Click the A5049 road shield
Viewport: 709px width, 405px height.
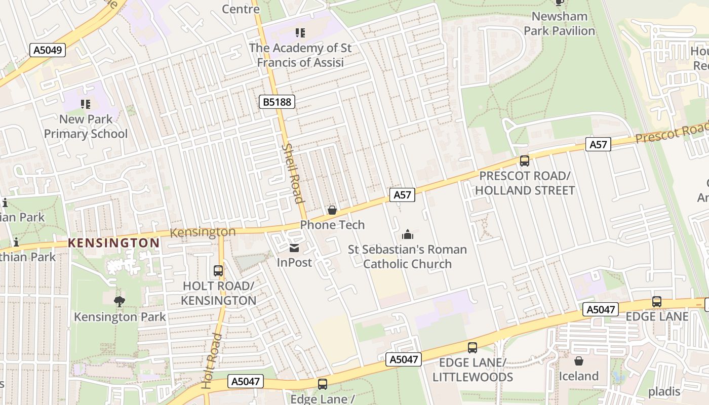[48, 50]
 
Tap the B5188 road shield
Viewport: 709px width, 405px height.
[277, 102]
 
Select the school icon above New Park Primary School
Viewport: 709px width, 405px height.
[86, 104]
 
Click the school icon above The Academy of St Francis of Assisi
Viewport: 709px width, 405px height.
[300, 33]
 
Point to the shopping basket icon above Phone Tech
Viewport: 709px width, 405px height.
[332, 210]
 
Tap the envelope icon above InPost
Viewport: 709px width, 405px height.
[294, 248]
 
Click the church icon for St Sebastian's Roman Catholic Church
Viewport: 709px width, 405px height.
[408, 234]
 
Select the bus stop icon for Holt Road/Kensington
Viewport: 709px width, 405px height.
[218, 271]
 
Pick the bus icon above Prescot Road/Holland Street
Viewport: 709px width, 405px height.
[525, 161]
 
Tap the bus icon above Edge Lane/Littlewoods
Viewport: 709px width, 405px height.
[472, 347]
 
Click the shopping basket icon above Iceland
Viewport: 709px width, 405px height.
[578, 361]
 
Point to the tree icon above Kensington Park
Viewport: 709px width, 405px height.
[120, 302]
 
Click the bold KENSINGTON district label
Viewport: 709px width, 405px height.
[114, 243]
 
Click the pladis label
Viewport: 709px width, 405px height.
[664, 391]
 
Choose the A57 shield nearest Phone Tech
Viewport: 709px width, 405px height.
[402, 195]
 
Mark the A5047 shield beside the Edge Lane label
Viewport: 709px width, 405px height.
[601, 310]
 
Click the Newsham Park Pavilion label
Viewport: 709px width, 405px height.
[559, 23]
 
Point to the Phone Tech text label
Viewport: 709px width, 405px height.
[332, 225]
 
